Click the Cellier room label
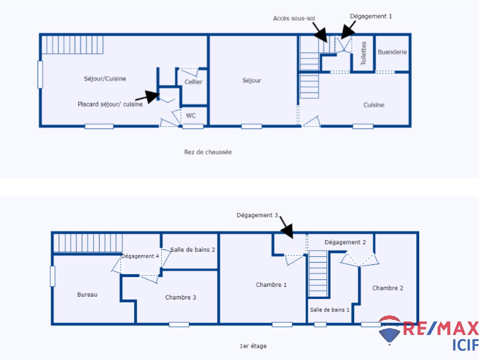coord(193,82)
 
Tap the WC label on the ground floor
coord(191,115)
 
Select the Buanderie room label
coord(392,52)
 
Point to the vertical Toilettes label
coord(364,53)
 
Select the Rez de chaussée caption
coord(208,152)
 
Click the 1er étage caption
coord(253,346)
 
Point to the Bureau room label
coord(87,295)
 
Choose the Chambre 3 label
coord(180,297)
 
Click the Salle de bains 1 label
coord(330,310)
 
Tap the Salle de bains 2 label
coord(193,250)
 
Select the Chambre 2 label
coord(387,288)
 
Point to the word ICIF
coord(465,345)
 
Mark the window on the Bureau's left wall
coord(53,276)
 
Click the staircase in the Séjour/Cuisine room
coord(72,45)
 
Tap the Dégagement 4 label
coord(140,256)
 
